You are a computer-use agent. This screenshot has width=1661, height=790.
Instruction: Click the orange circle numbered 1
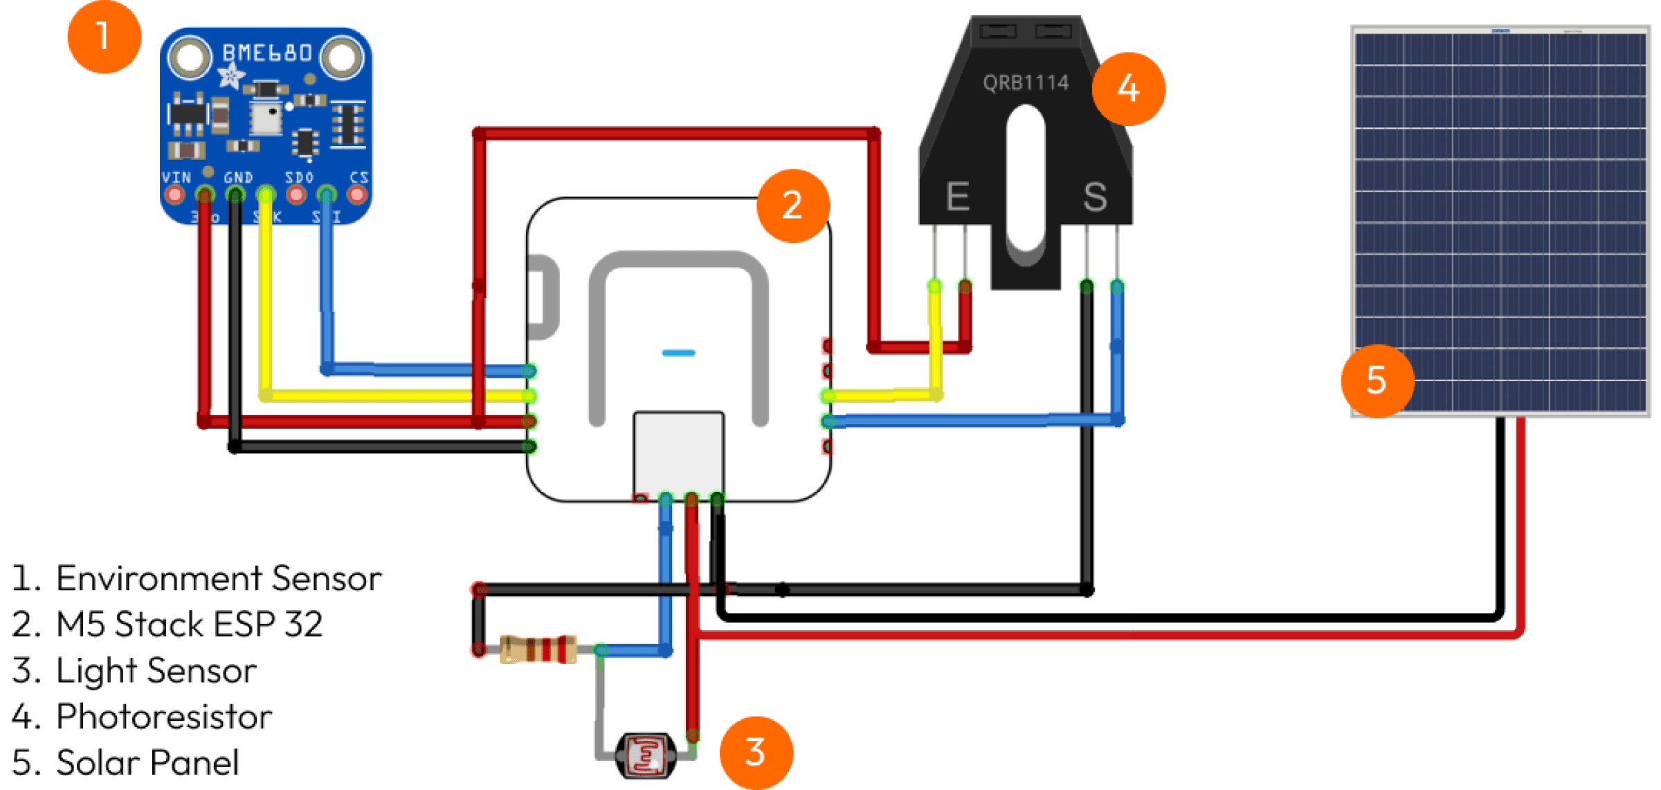pyautogui.click(x=104, y=37)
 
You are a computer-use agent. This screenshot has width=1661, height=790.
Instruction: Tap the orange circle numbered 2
pyautogui.click(x=793, y=205)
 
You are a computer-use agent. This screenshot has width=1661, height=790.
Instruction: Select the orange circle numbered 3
pyautogui.click(x=756, y=752)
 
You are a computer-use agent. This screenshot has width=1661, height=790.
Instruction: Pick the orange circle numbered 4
pyautogui.click(x=1129, y=89)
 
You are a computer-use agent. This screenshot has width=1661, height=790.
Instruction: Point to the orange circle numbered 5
pyautogui.click(x=1377, y=381)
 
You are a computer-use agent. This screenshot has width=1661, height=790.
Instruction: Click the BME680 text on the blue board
pyautogui.click(x=267, y=53)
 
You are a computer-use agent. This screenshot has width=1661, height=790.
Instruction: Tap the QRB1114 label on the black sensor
pyautogui.click(x=1026, y=83)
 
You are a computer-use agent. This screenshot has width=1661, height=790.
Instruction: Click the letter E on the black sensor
pyautogui.click(x=957, y=197)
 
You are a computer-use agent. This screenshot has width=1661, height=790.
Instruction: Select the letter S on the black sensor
pyautogui.click(x=1095, y=197)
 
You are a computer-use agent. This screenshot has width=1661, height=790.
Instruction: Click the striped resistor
pyautogui.click(x=538, y=650)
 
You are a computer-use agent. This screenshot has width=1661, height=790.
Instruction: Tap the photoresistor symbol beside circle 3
pyautogui.click(x=645, y=755)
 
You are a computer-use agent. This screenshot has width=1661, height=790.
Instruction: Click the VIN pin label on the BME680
pyautogui.click(x=176, y=178)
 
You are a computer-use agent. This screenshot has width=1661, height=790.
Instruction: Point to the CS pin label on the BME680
pyautogui.click(x=358, y=178)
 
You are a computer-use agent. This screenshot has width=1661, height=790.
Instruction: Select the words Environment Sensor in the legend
pyautogui.click(x=218, y=578)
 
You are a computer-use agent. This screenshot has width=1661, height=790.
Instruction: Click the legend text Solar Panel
pyautogui.click(x=147, y=762)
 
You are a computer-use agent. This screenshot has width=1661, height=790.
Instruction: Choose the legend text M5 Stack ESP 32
pyautogui.click(x=189, y=624)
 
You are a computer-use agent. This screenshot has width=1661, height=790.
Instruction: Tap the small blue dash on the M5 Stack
pyautogui.click(x=678, y=353)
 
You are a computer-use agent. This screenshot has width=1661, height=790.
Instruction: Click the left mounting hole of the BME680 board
pyautogui.click(x=190, y=57)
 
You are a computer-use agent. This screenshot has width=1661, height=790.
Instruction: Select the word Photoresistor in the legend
pyautogui.click(x=164, y=717)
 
